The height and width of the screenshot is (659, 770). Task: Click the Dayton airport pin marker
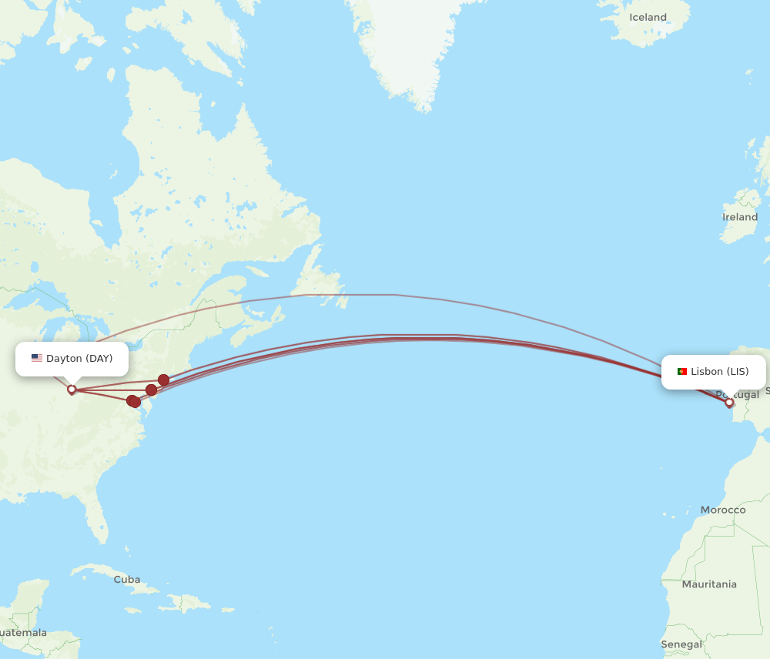tap(72, 390)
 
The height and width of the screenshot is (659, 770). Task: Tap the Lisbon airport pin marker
tap(729, 402)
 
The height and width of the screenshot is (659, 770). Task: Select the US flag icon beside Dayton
tap(37, 358)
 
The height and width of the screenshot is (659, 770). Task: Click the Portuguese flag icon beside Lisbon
tap(681, 372)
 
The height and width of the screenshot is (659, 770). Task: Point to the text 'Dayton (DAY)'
tap(79, 359)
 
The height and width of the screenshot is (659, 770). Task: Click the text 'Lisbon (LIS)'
tap(719, 372)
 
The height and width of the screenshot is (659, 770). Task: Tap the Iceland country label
tap(648, 17)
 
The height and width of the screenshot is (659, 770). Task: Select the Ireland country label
tap(739, 217)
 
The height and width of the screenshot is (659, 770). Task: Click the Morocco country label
tap(722, 510)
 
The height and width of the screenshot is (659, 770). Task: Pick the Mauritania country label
tap(709, 584)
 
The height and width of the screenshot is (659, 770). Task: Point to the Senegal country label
tap(681, 644)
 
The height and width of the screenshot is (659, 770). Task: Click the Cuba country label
tap(127, 579)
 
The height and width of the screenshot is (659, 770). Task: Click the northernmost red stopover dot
tap(164, 380)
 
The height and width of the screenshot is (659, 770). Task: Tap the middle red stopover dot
tap(151, 390)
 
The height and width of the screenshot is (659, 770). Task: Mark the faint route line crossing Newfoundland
tap(323, 295)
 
